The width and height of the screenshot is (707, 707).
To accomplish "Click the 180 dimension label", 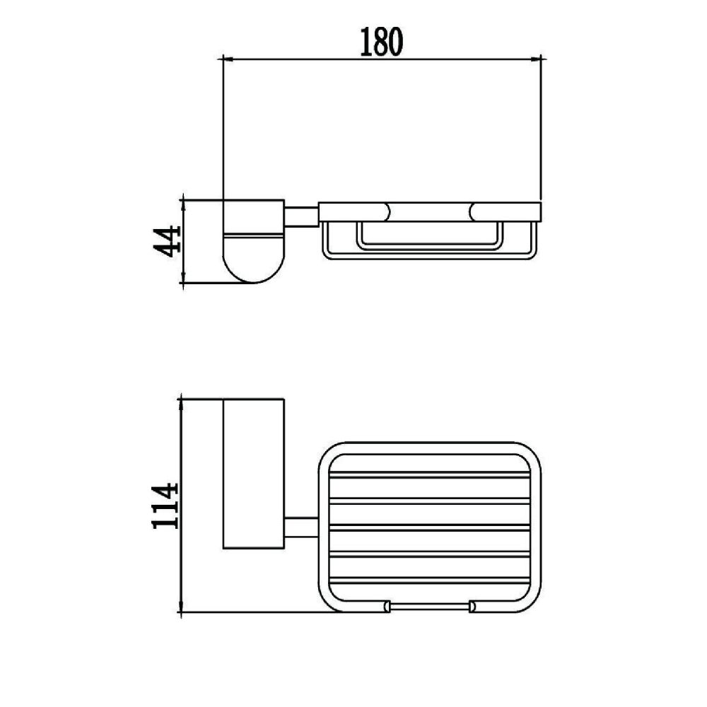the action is click(381, 42).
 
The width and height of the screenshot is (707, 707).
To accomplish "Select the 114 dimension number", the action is click(165, 506).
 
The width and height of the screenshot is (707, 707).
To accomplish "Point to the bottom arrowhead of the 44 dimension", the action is click(182, 279).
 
